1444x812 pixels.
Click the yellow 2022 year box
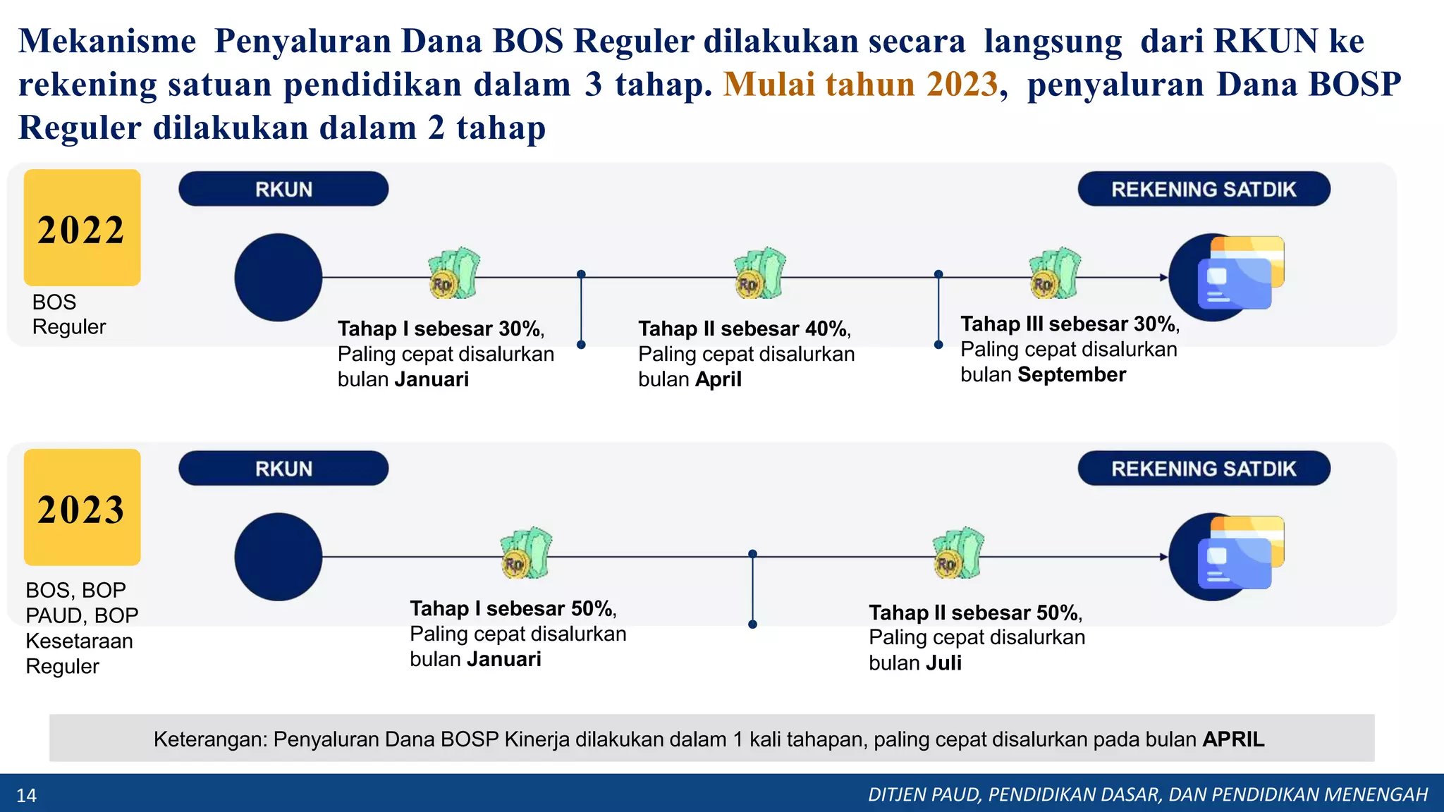point(82,228)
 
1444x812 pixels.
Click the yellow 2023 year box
point(82,508)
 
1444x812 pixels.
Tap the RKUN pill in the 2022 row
point(283,189)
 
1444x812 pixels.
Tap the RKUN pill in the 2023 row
point(283,469)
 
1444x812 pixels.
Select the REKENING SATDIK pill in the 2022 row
point(1204,189)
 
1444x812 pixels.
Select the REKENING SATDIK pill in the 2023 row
point(1204,469)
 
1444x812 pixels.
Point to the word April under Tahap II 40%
point(718,380)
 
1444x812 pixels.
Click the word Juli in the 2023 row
point(943,663)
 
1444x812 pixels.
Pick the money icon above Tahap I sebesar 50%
point(526,553)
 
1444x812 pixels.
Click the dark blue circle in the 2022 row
point(279,278)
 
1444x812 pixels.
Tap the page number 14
point(26,796)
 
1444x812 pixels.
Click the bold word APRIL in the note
point(1233,739)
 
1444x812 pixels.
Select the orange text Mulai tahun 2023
point(860,85)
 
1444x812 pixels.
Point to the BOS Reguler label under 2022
point(68,314)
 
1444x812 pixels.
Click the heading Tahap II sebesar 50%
point(974,613)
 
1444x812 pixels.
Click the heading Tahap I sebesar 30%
point(440,329)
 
